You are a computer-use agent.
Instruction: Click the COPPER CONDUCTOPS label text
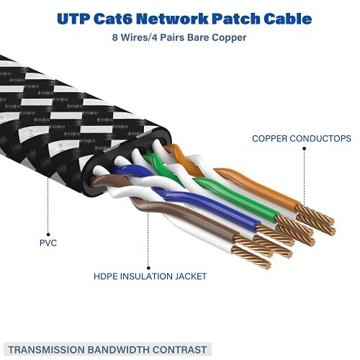[x=301, y=138]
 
